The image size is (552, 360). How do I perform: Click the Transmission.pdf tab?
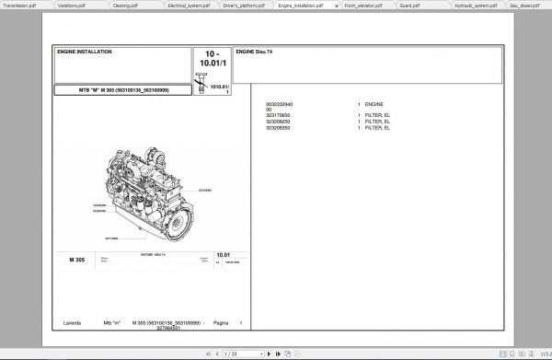[x=21, y=5]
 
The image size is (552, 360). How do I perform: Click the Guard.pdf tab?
[x=409, y=5]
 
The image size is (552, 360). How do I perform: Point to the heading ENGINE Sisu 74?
[x=255, y=53]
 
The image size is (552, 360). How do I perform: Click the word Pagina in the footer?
[x=220, y=322]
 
